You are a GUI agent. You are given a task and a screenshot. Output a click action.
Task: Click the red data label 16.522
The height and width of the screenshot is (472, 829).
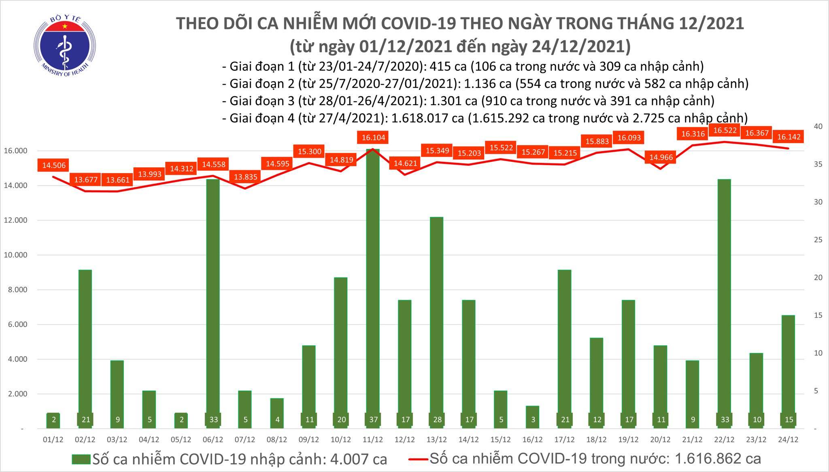tap(725, 130)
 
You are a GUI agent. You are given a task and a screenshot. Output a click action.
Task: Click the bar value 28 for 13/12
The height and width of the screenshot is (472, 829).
tap(437, 419)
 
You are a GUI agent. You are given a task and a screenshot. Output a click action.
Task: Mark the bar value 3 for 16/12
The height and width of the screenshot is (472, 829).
tap(533, 419)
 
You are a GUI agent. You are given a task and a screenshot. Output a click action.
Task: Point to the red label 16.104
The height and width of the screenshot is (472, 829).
tap(373, 138)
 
